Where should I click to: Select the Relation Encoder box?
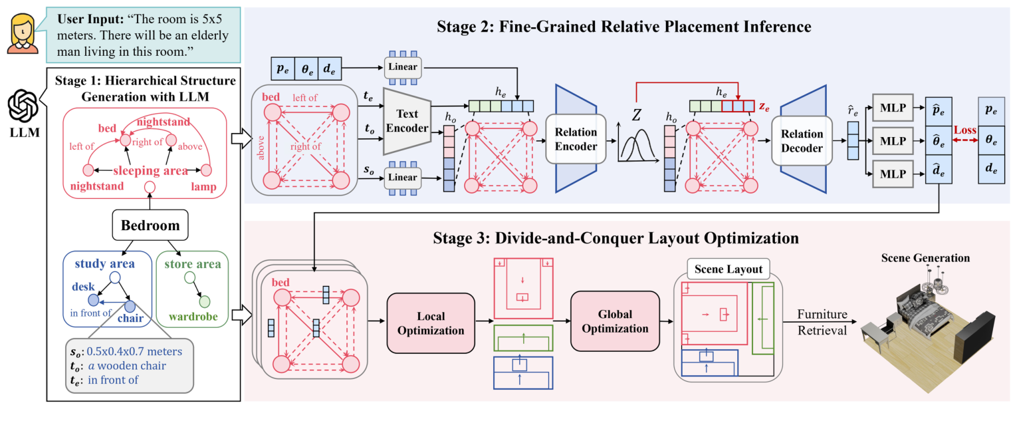(x=576, y=138)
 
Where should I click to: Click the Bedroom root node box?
(x=150, y=225)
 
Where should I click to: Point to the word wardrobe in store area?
(x=193, y=317)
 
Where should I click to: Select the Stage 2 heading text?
(x=624, y=27)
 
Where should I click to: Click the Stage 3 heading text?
(x=624, y=237)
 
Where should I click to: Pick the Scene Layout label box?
(x=728, y=269)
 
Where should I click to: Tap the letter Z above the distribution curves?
(x=636, y=114)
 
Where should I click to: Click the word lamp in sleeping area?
(x=203, y=187)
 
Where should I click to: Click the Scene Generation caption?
(x=925, y=258)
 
